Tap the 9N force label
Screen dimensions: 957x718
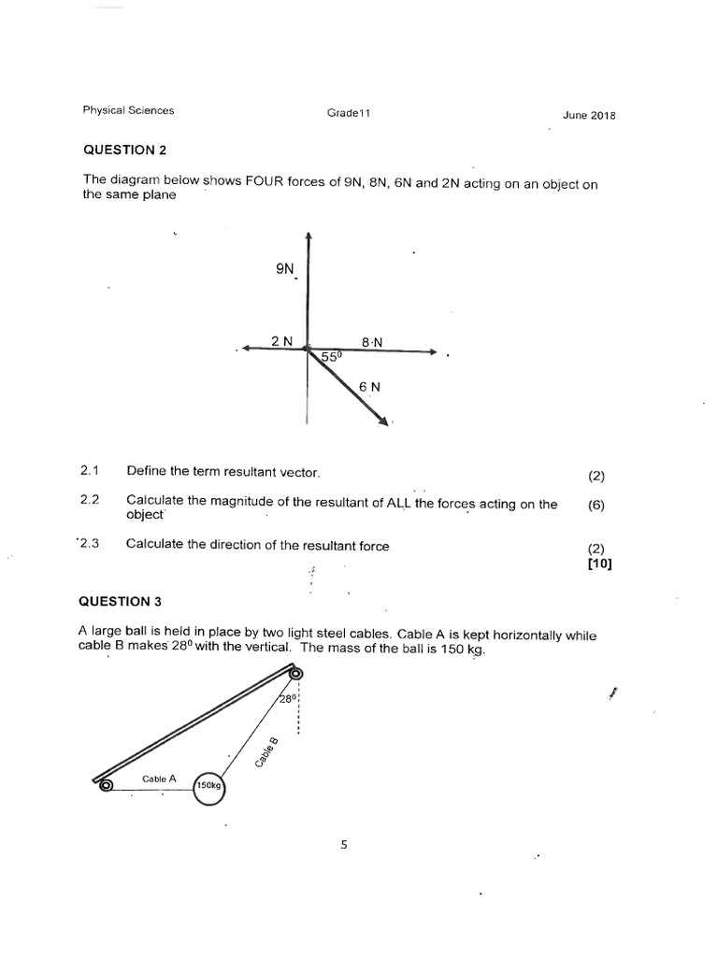[285, 268]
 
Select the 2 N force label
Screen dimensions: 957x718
[281, 341]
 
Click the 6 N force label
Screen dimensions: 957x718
[369, 385]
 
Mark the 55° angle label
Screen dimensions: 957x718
[333, 357]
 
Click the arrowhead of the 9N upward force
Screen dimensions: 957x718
[308, 236]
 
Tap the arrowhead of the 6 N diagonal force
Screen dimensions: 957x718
[383, 423]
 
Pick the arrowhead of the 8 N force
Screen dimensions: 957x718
[432, 351]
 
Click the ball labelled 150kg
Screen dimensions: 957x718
[209, 787]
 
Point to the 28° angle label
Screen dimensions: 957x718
[287, 699]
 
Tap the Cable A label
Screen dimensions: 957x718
[159, 778]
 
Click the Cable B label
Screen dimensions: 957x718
[266, 752]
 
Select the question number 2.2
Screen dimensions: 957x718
[90, 501]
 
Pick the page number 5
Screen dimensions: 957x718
[343, 845]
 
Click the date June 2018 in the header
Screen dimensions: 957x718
[589, 116]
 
